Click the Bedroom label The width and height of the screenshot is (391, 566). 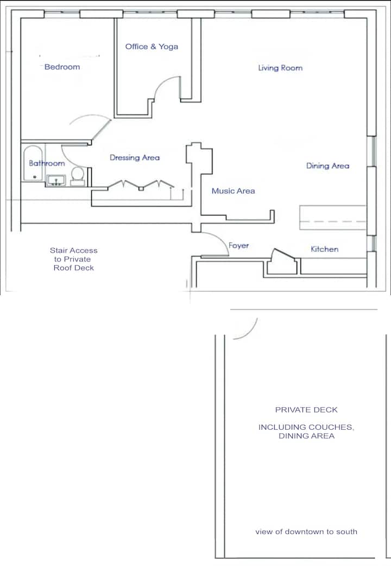click(x=62, y=67)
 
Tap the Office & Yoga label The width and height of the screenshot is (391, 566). click(x=152, y=47)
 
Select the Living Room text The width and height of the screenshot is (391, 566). click(x=280, y=68)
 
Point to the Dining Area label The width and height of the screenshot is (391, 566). click(x=328, y=166)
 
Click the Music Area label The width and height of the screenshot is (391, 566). click(x=234, y=191)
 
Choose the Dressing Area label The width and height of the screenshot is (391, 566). click(x=135, y=158)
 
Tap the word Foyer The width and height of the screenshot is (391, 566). click(x=238, y=245)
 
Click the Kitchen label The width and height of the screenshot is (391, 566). click(x=325, y=249)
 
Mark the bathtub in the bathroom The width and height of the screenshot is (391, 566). click(x=33, y=163)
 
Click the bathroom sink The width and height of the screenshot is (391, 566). click(x=55, y=180)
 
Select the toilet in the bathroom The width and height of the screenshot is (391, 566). click(x=78, y=176)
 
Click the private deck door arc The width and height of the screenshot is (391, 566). click(x=251, y=333)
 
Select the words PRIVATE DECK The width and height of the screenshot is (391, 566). click(x=306, y=410)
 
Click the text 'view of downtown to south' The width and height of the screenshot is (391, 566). click(x=306, y=531)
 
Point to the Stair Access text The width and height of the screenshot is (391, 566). click(x=74, y=251)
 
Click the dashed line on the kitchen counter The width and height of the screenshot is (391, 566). click(x=333, y=221)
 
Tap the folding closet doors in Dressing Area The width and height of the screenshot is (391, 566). click(x=141, y=185)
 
